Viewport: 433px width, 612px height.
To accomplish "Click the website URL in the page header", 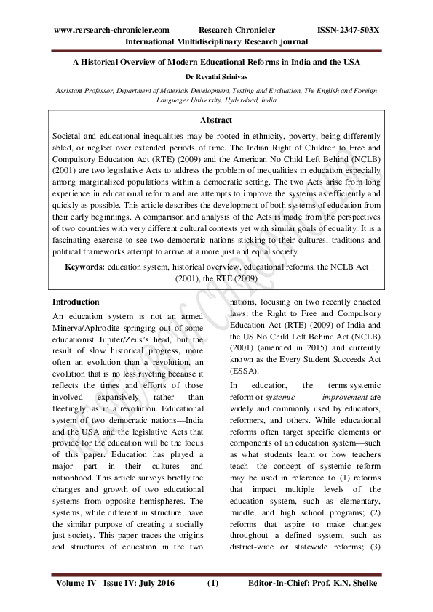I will (111, 30).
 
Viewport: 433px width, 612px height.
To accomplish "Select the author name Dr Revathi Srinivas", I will (216, 76).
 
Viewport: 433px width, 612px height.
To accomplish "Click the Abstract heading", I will (216, 121).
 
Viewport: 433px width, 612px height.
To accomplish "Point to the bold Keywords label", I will (85, 267).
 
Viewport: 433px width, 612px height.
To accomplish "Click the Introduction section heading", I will (76, 302).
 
